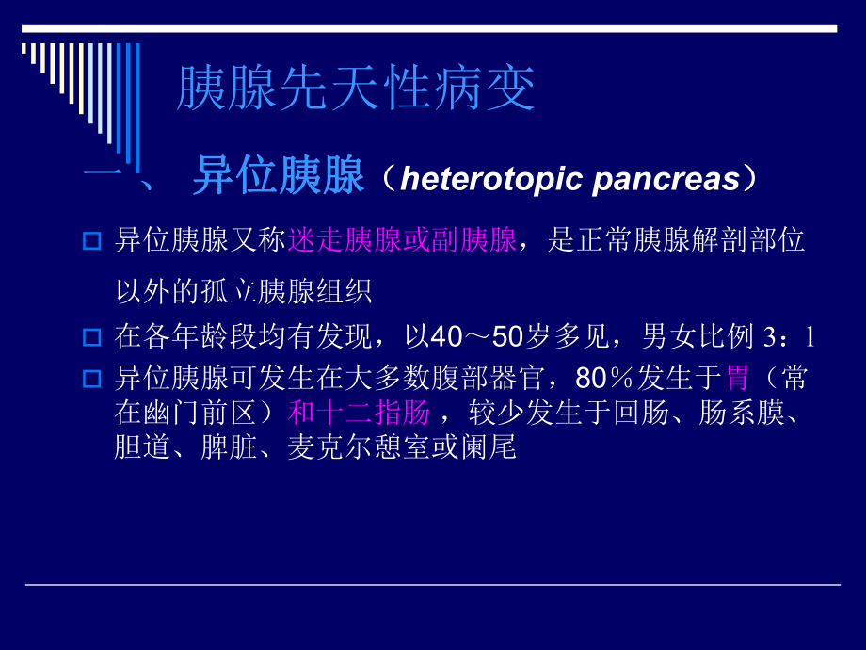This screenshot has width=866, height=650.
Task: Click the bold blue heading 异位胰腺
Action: [278, 177]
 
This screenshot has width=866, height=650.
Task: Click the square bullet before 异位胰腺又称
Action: [91, 242]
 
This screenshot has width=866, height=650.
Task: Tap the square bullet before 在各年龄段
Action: [91, 336]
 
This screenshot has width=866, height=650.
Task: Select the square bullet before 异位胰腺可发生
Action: [91, 380]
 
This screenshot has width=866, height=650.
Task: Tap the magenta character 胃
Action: [738, 380]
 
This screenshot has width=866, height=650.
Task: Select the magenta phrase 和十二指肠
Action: [360, 413]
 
